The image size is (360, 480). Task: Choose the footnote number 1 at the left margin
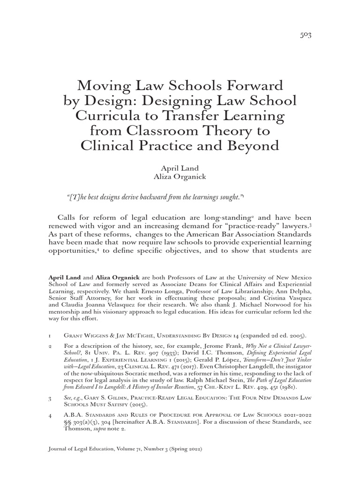[50, 336]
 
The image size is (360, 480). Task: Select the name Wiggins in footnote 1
[97, 336]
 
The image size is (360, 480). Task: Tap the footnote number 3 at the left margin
[50, 397]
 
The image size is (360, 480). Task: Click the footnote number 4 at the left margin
[50, 415]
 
